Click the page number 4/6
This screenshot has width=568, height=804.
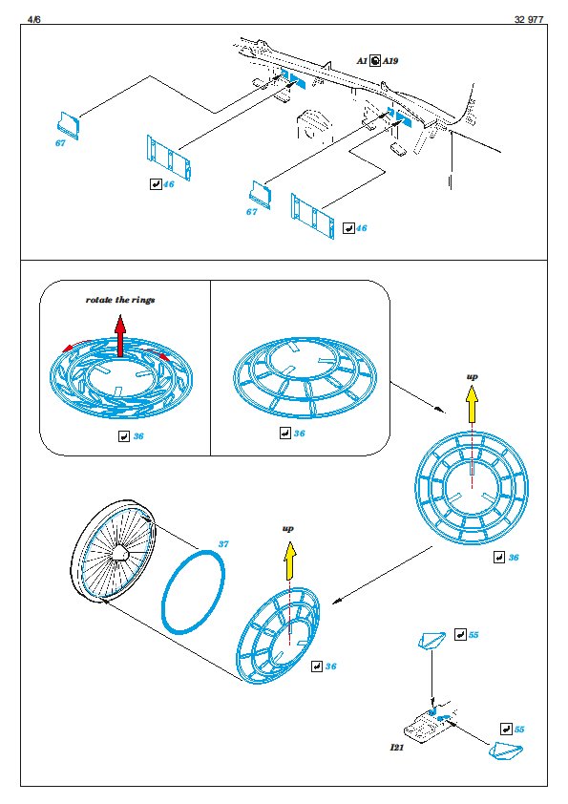pyautogui.click(x=33, y=19)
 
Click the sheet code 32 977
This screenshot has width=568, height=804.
pyautogui.click(x=529, y=19)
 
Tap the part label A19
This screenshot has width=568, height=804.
pyautogui.click(x=390, y=61)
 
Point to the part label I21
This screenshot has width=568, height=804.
pyautogui.click(x=397, y=747)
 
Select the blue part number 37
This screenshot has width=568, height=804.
pyautogui.click(x=223, y=544)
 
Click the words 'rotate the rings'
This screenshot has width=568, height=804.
pyautogui.click(x=120, y=300)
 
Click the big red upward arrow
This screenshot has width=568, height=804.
pyautogui.click(x=120, y=336)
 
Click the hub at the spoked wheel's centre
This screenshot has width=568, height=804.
pyautogui.click(x=120, y=553)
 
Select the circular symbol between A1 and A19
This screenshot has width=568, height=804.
pyautogui.click(x=375, y=61)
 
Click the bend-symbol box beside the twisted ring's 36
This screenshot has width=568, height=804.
pyautogui.click(x=123, y=436)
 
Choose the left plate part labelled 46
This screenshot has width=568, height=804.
pyautogui.click(x=169, y=158)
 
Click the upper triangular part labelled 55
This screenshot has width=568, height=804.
pyautogui.click(x=431, y=641)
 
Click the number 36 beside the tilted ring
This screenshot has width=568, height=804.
pyautogui.click(x=330, y=666)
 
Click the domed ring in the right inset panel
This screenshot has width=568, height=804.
pyautogui.click(x=305, y=377)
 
